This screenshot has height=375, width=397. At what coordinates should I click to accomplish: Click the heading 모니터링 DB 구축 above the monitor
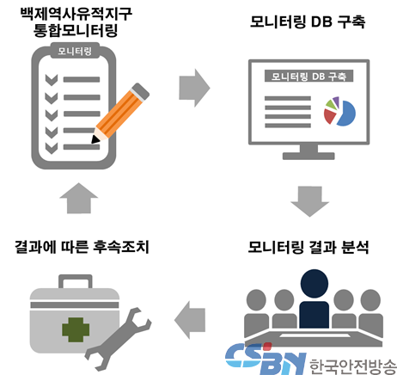tap(308, 22)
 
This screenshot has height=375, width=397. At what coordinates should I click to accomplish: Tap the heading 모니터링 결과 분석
tap(308, 247)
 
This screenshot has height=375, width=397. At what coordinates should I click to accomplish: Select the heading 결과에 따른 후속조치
tap(82, 247)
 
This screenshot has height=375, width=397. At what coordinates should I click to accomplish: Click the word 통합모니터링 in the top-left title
tap(76, 30)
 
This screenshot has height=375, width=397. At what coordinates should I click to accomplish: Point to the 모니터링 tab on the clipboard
tap(75, 51)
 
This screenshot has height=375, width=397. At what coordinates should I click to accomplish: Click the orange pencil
tap(120, 114)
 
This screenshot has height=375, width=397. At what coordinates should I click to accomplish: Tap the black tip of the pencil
tap(95, 139)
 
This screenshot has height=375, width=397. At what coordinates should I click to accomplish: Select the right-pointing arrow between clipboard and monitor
tap(194, 88)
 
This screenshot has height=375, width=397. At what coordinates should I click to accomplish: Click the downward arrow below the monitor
tap(309, 201)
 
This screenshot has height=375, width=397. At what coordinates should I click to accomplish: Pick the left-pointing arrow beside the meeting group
tap(190, 320)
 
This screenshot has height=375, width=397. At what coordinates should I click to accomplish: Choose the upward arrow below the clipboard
tap(79, 199)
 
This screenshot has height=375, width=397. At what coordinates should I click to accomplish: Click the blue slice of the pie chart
tap(346, 114)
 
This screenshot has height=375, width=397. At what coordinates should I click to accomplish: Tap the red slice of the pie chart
tap(330, 115)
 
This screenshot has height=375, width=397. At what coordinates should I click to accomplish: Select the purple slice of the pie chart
tap(336, 101)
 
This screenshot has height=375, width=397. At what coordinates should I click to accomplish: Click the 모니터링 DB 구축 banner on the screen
tap(308, 77)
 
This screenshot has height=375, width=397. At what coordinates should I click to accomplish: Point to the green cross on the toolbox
tap(76, 329)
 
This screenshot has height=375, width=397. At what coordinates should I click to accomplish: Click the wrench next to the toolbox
tap(118, 340)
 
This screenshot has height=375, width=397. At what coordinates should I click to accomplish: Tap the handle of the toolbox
tap(76, 281)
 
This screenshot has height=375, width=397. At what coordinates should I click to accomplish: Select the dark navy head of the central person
tap(315, 284)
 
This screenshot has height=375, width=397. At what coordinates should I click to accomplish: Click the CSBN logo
tap(266, 359)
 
